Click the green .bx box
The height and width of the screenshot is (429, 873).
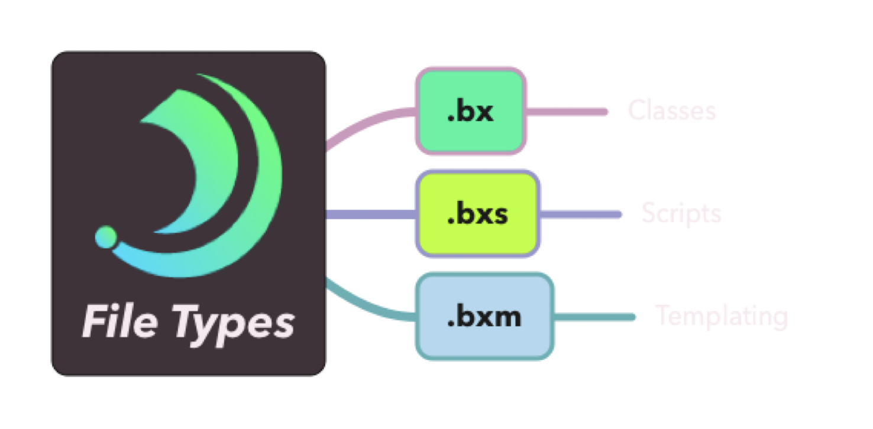(470, 111)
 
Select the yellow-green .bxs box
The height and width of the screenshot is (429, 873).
(477, 214)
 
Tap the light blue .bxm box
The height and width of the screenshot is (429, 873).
(484, 317)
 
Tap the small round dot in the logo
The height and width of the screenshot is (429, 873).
(106, 237)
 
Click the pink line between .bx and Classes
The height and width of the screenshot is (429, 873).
(568, 111)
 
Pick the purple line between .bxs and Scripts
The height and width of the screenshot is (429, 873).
(582, 214)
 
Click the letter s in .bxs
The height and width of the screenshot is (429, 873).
(500, 215)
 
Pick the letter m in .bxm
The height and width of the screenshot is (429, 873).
(508, 317)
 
